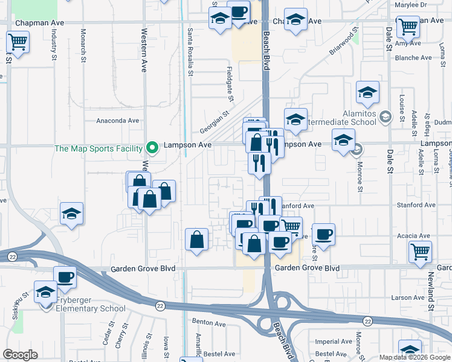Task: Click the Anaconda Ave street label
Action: coord(118,121)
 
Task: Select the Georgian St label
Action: coord(216,122)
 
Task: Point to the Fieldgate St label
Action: coord(230,83)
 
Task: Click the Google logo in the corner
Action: coord(20,355)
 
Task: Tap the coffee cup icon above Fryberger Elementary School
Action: coord(65,277)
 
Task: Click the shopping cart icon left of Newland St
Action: coord(420,251)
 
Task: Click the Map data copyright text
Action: coord(414,357)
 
